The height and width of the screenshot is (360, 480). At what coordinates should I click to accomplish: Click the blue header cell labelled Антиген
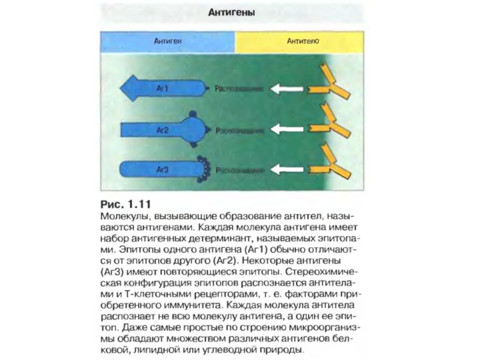tap(167, 43)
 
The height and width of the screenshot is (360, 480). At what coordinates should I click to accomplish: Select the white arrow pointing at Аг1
tap(287, 89)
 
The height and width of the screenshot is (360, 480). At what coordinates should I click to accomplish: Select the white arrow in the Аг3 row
tap(287, 170)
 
